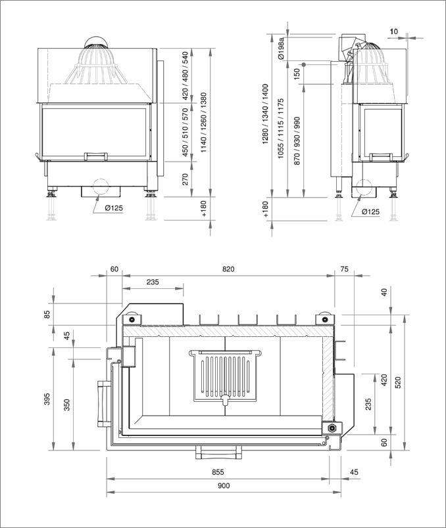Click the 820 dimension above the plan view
click(228, 269)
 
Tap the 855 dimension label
click(218, 472)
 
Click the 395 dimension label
click(47, 399)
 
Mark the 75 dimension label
click(344, 269)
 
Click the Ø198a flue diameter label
click(281, 48)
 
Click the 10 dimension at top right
click(393, 31)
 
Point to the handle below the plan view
click(217, 452)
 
